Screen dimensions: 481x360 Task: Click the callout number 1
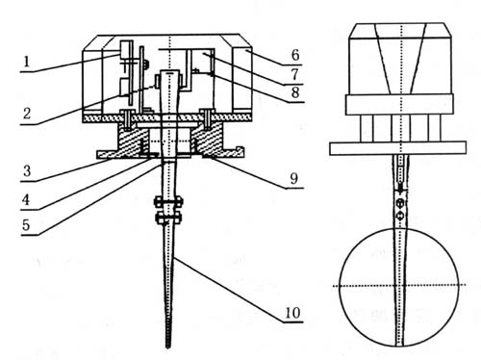[x=27, y=61]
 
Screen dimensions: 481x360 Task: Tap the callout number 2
[x=27, y=113]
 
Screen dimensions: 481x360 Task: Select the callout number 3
[x=27, y=170]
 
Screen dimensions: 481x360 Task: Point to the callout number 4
[x=26, y=199]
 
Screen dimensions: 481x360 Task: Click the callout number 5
[x=26, y=225]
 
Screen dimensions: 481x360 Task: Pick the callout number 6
[x=295, y=55]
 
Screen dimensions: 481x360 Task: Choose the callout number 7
[x=295, y=74]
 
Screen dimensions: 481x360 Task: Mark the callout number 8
[x=295, y=92]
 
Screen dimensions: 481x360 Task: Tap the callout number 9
[x=294, y=178]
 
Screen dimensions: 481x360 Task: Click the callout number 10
[x=292, y=313]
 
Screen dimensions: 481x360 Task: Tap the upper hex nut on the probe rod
[x=168, y=202]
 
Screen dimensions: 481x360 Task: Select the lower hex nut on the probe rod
[x=168, y=219]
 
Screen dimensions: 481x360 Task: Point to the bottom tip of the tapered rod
[x=167, y=347]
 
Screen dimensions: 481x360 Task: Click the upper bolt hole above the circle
[x=400, y=203]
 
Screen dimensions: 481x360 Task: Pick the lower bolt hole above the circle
[x=400, y=216]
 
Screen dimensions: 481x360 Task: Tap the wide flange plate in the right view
[x=397, y=148]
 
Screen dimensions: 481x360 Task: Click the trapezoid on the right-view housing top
[x=401, y=59]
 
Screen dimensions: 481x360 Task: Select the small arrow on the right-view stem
[x=400, y=188]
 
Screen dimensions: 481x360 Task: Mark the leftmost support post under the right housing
[x=367, y=128]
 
